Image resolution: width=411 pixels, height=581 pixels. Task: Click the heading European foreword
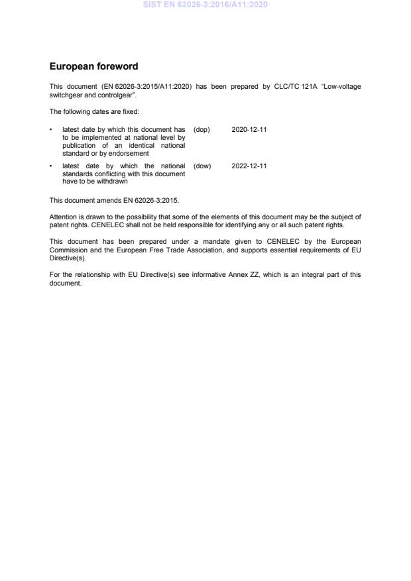pos(93,67)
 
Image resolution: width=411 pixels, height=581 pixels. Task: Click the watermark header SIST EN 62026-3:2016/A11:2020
pos(206,5)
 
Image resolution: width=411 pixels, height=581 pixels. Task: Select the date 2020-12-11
pos(249,129)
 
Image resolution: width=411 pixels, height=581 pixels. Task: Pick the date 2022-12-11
pos(249,166)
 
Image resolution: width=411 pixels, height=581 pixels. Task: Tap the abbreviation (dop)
pos(202,129)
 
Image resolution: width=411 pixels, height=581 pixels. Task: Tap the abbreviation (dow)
pos(202,166)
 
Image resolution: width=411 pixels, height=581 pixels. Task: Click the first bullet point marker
pos(52,129)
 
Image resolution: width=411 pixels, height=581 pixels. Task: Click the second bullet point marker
pos(52,166)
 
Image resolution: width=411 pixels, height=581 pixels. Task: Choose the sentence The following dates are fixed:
pos(94,111)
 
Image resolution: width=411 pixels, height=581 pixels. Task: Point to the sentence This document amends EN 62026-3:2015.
pos(114,199)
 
